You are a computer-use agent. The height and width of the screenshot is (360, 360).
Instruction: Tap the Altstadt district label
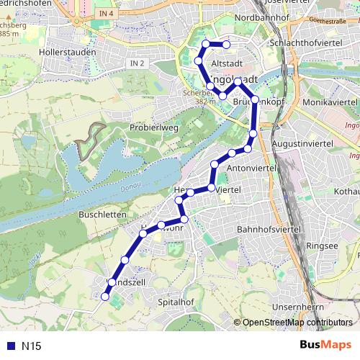click(228, 64)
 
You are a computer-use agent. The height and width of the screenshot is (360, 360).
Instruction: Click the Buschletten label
click(103, 215)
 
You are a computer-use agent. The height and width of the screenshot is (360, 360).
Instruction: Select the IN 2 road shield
click(138, 63)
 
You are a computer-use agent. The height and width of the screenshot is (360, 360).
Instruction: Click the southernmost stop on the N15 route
click(105, 296)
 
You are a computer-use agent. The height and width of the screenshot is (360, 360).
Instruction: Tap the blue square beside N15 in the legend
click(10, 345)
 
